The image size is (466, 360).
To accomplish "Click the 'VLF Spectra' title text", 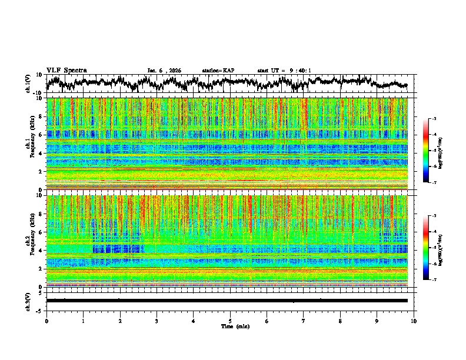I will point(66,71).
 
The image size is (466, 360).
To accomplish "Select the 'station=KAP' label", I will point(218,71).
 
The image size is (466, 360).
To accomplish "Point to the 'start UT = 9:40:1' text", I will point(284,71).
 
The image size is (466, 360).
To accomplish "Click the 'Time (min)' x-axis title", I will point(229,326).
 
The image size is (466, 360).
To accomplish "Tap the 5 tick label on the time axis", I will point(230,321).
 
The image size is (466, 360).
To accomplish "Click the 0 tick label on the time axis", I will point(46,321).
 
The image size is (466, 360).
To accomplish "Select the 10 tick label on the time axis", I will point(414,321).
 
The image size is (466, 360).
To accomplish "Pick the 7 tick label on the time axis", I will point(304,321).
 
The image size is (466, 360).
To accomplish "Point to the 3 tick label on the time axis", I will point(157,321).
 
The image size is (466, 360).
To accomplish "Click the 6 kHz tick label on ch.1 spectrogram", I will point(41,135).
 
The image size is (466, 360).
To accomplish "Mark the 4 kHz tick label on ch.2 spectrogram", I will point(41,251).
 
